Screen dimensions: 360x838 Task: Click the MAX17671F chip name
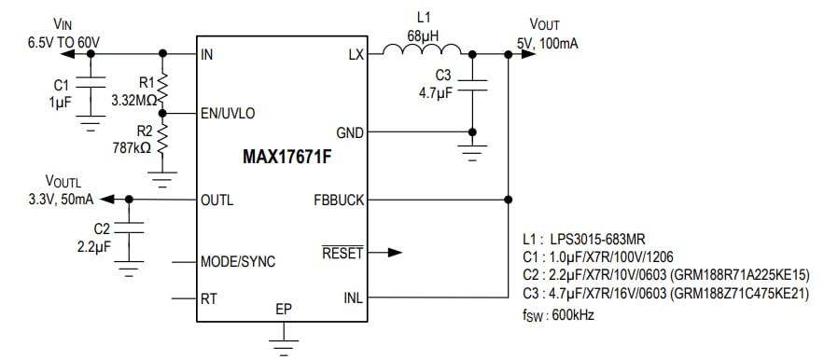point(281,157)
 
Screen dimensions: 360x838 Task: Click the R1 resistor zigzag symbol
point(163,89)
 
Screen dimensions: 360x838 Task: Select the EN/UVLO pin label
point(228,113)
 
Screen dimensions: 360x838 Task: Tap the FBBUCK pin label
point(338,200)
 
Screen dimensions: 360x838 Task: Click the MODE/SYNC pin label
point(238,261)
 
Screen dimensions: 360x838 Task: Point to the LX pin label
point(355,55)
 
